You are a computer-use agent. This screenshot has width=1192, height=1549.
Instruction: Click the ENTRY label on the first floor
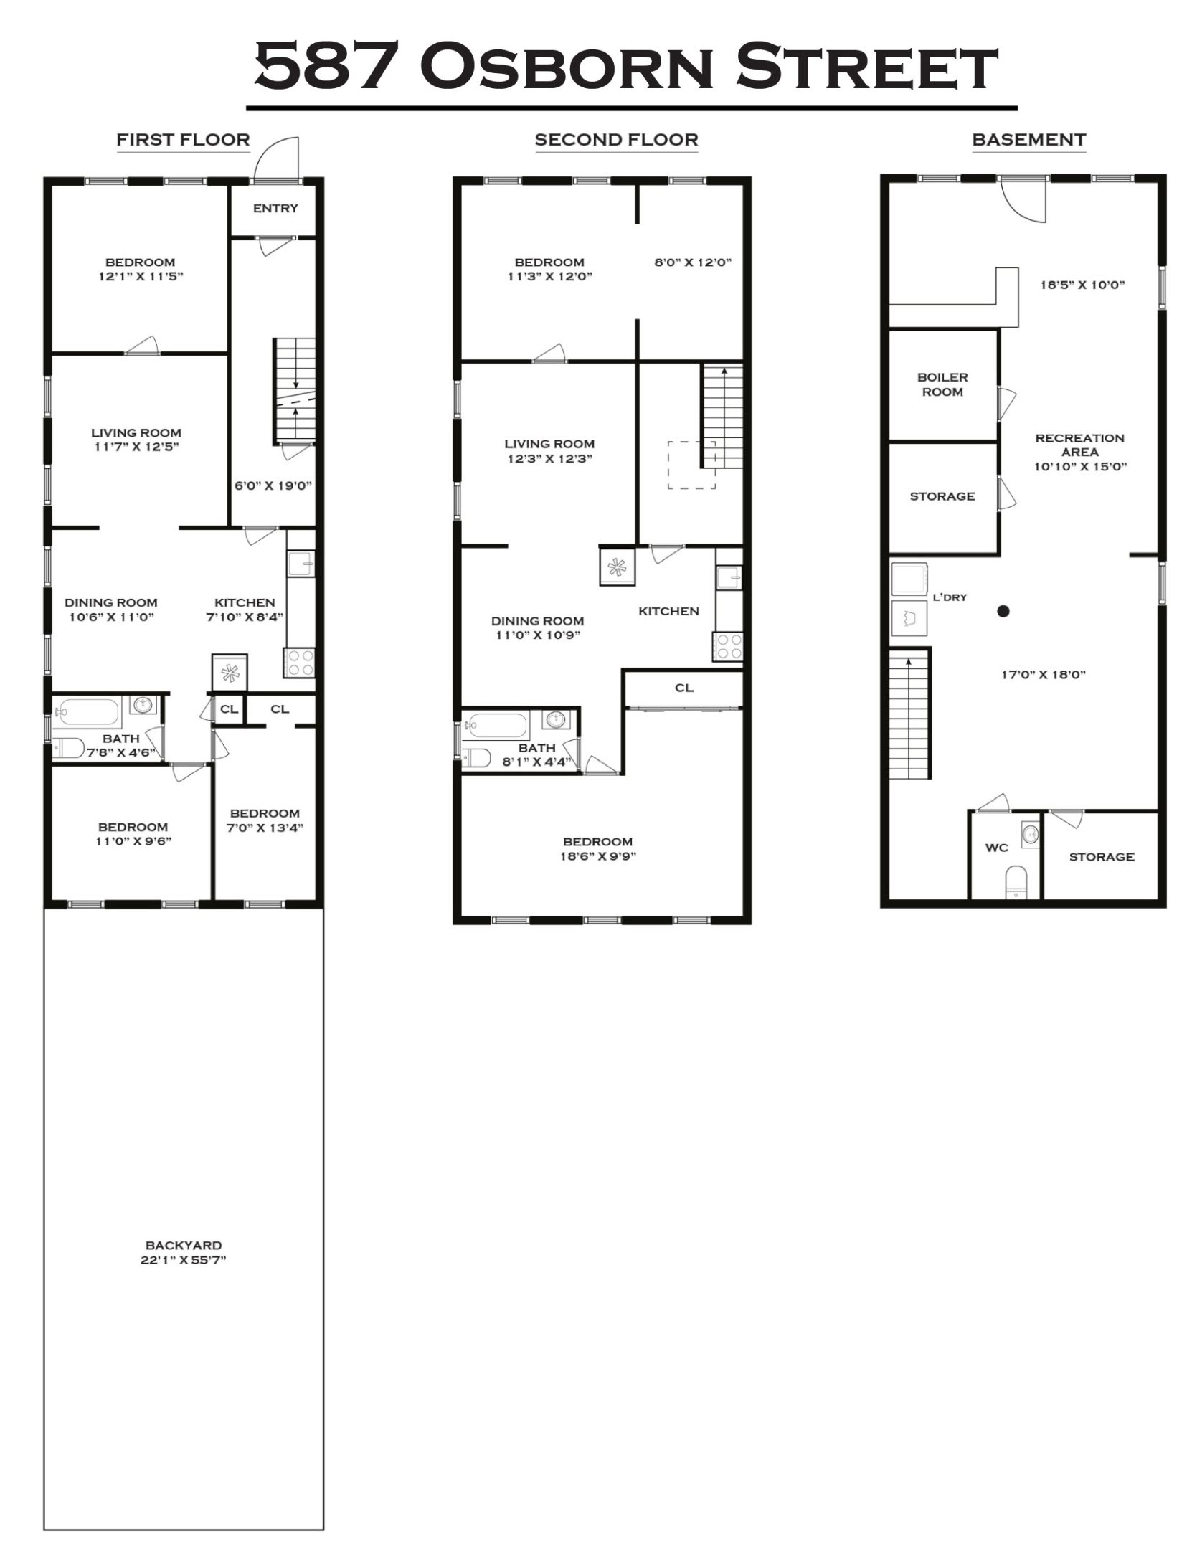click(275, 208)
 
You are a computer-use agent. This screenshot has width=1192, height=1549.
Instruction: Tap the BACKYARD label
click(183, 1245)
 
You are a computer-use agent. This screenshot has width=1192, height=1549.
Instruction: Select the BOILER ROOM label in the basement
click(942, 384)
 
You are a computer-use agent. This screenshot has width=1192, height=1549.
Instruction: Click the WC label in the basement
click(996, 848)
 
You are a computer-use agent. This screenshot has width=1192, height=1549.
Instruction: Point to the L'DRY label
click(950, 597)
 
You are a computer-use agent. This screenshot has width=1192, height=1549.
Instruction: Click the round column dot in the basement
click(1003, 611)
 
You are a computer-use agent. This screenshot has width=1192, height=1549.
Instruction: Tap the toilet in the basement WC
click(1016, 881)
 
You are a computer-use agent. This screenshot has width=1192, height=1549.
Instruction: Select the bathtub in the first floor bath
click(87, 712)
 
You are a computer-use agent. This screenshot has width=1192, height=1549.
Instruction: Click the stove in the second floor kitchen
click(727, 645)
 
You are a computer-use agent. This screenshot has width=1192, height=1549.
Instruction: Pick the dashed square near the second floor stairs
click(691, 465)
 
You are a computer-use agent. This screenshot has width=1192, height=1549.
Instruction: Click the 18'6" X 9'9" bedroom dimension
click(598, 856)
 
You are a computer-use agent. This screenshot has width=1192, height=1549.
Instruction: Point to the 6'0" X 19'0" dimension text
click(273, 485)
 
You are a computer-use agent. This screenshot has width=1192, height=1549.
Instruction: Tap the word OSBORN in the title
click(567, 67)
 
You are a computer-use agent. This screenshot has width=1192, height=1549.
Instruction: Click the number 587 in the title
click(327, 67)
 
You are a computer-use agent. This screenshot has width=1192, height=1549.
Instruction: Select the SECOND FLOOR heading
click(616, 140)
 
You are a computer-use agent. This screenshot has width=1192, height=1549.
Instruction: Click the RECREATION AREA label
click(1079, 445)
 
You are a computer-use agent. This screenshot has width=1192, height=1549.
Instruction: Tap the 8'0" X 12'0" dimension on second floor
click(692, 262)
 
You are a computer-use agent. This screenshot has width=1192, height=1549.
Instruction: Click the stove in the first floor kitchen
click(299, 662)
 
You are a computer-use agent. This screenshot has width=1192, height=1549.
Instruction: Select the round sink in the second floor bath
click(555, 719)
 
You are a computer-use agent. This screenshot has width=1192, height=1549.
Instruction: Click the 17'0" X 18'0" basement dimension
click(1043, 674)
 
